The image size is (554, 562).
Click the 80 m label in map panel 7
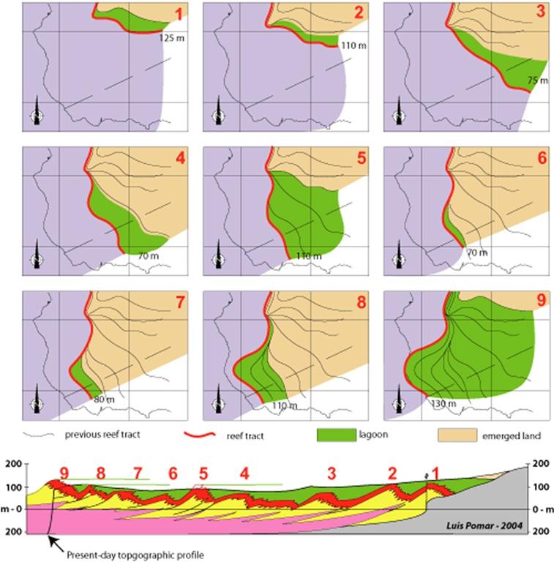tap(105, 400)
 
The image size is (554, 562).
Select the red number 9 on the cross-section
tap(64, 473)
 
